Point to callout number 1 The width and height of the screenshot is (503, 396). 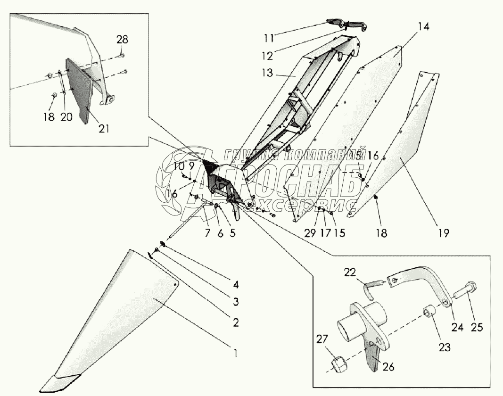click(x=234, y=352)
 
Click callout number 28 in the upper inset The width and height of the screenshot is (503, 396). click(x=122, y=39)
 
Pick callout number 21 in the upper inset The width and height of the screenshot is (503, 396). click(x=104, y=128)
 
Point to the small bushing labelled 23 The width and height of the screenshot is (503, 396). click(x=429, y=312)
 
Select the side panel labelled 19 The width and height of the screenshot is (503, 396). click(x=405, y=151)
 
